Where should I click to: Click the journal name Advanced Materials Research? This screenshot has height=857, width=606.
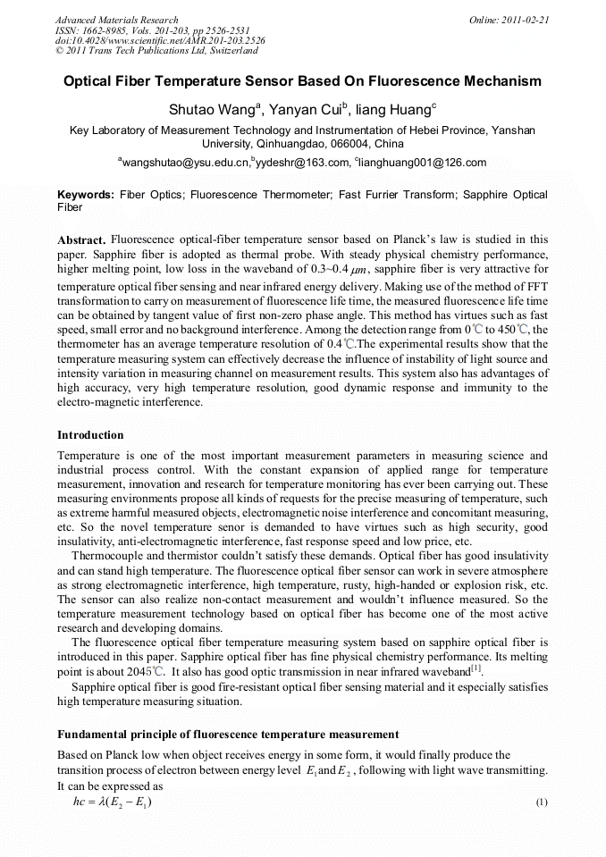point(117,20)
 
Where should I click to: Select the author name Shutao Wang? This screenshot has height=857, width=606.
point(212,110)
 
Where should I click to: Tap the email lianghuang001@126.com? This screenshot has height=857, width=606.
point(424,163)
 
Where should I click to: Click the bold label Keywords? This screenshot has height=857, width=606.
point(86,195)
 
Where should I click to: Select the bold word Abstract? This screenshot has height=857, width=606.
point(82,240)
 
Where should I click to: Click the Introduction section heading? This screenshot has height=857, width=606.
point(90,435)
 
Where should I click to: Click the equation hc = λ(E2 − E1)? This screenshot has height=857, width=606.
point(113,802)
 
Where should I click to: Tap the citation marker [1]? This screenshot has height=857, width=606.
point(476,668)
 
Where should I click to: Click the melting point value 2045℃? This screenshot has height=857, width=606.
point(144,671)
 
